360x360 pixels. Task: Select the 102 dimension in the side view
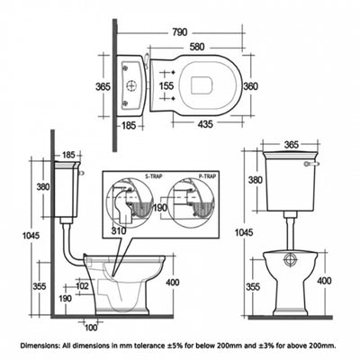pyautogui.click(x=82, y=286)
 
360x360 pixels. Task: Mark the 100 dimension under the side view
pyautogui.click(x=90, y=326)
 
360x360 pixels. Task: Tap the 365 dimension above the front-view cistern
pyautogui.click(x=290, y=144)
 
